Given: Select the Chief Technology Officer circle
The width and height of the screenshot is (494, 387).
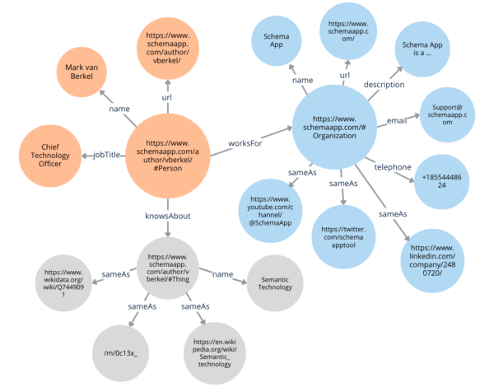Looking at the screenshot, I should tap(51, 154).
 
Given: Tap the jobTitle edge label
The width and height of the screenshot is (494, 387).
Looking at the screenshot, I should tap(108, 154).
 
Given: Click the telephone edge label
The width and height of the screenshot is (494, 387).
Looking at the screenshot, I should tap(394, 167).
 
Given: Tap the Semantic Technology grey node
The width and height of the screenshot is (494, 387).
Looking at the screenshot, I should tap(274, 282).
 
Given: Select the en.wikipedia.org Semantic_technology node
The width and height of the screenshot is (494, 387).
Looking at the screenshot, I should tap(214, 354).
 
